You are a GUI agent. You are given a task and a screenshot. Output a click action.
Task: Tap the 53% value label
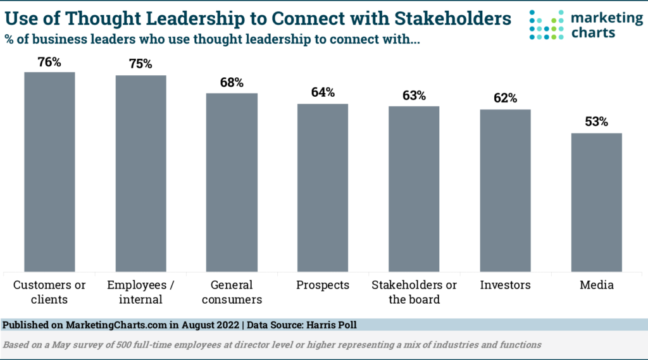click(x=597, y=122)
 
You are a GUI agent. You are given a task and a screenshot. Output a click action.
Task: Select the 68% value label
click(x=232, y=83)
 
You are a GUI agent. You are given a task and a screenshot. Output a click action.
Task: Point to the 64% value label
click(x=323, y=93)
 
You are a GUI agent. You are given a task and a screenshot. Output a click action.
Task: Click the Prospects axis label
click(x=323, y=285)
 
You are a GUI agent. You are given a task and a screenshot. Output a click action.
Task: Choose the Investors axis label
click(x=505, y=285)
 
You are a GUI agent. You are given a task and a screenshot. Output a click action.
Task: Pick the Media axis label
click(x=597, y=285)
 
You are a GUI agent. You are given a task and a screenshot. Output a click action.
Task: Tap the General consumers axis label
click(x=232, y=292)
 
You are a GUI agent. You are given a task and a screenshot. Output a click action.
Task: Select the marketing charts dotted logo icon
click(x=546, y=25)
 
